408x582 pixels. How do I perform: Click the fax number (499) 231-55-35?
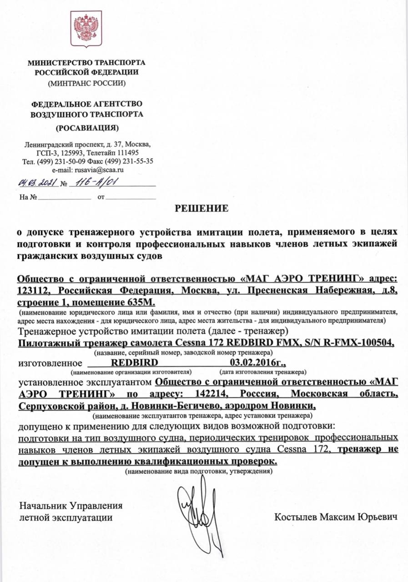tap(129, 161)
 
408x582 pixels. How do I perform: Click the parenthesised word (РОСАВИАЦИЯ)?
tap(87, 128)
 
